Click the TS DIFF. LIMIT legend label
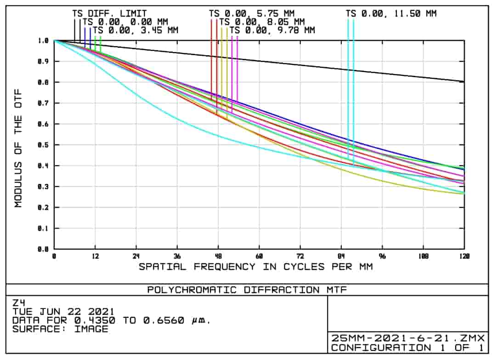click(x=109, y=14)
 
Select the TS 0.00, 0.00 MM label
click(x=125, y=22)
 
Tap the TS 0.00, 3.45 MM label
click(x=136, y=30)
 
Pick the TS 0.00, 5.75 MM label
click(x=252, y=14)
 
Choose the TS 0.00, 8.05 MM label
click(x=262, y=22)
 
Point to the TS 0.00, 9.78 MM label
click(x=272, y=30)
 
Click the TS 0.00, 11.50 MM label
click(x=391, y=14)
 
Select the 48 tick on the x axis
click(x=218, y=256)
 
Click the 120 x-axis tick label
click(x=464, y=256)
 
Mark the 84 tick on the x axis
click(x=341, y=256)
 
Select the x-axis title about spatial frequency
click(x=256, y=267)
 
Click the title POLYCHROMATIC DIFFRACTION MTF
click(x=247, y=290)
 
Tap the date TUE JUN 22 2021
click(x=63, y=312)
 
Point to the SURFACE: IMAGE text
click(x=60, y=329)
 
